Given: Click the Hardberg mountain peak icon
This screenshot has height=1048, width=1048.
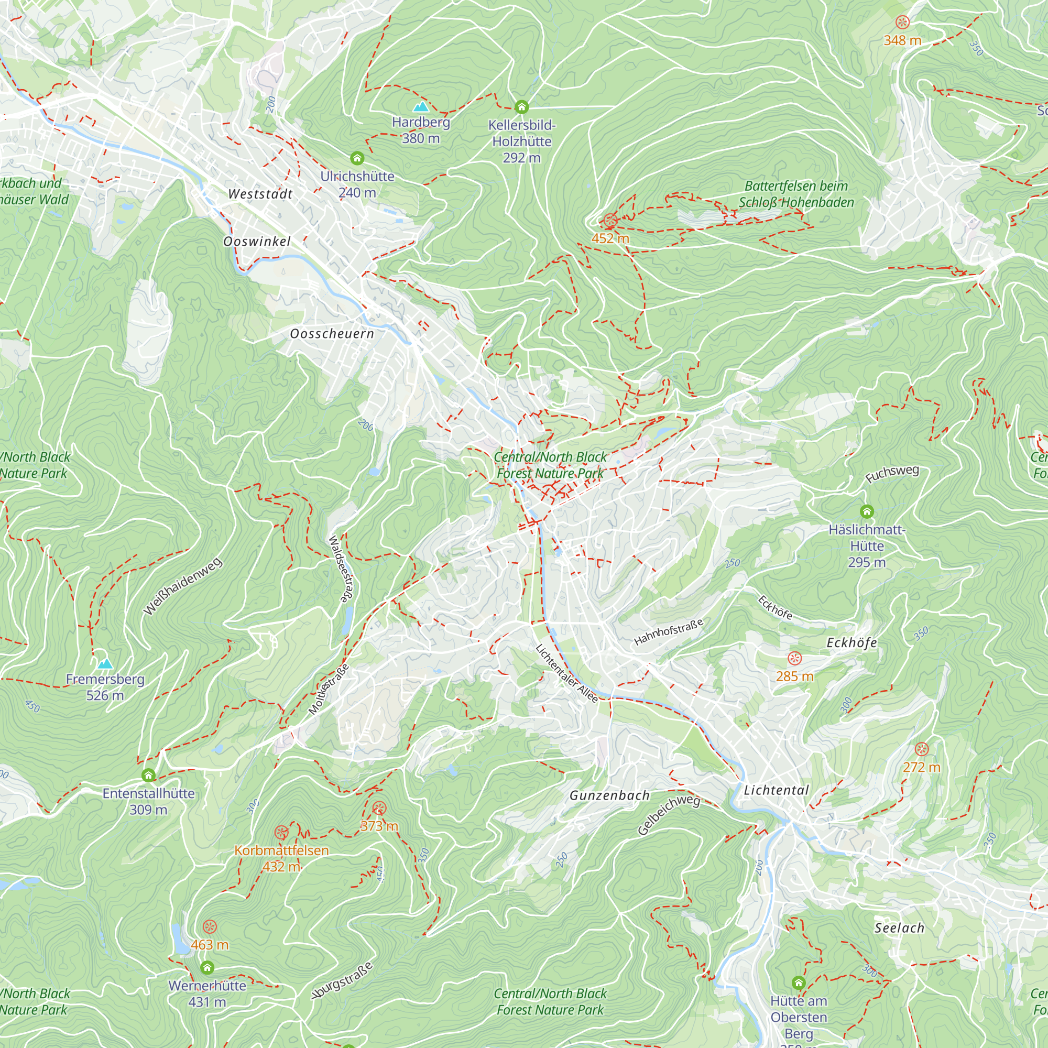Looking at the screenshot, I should (x=420, y=106).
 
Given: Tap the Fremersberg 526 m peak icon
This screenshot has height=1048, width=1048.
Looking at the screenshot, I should (x=105, y=663).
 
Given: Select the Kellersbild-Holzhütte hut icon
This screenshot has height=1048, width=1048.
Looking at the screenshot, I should (x=521, y=106).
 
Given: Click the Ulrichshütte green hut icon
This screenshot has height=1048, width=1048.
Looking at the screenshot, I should (x=356, y=158).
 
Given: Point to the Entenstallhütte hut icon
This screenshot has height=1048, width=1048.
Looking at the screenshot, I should (x=148, y=775).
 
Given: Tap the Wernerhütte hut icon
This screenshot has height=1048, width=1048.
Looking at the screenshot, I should (x=207, y=967).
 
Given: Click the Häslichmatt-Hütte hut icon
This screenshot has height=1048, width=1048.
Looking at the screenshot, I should (x=866, y=511).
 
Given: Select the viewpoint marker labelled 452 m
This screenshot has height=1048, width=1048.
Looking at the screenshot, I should (x=610, y=220).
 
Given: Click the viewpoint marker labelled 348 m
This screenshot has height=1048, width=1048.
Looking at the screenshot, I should (x=902, y=22).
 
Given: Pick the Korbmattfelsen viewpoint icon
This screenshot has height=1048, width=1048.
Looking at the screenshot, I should (x=281, y=832).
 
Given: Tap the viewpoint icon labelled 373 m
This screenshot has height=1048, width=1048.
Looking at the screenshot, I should (x=379, y=809).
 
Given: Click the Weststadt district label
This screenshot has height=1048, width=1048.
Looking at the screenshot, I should (x=260, y=194).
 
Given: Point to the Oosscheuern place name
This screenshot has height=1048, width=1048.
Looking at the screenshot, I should (x=332, y=334).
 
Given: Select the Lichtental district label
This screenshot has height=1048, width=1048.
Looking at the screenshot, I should (x=776, y=790).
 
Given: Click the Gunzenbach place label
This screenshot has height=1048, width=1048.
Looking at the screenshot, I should (x=609, y=796).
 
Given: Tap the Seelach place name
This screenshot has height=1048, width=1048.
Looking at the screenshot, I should (x=899, y=928).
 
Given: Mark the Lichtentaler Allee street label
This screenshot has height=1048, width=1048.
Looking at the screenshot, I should (x=566, y=673).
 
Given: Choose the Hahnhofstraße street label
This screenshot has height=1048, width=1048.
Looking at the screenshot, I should (x=668, y=632).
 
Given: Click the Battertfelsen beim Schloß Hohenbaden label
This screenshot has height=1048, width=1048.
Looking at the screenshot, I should (x=796, y=194).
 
